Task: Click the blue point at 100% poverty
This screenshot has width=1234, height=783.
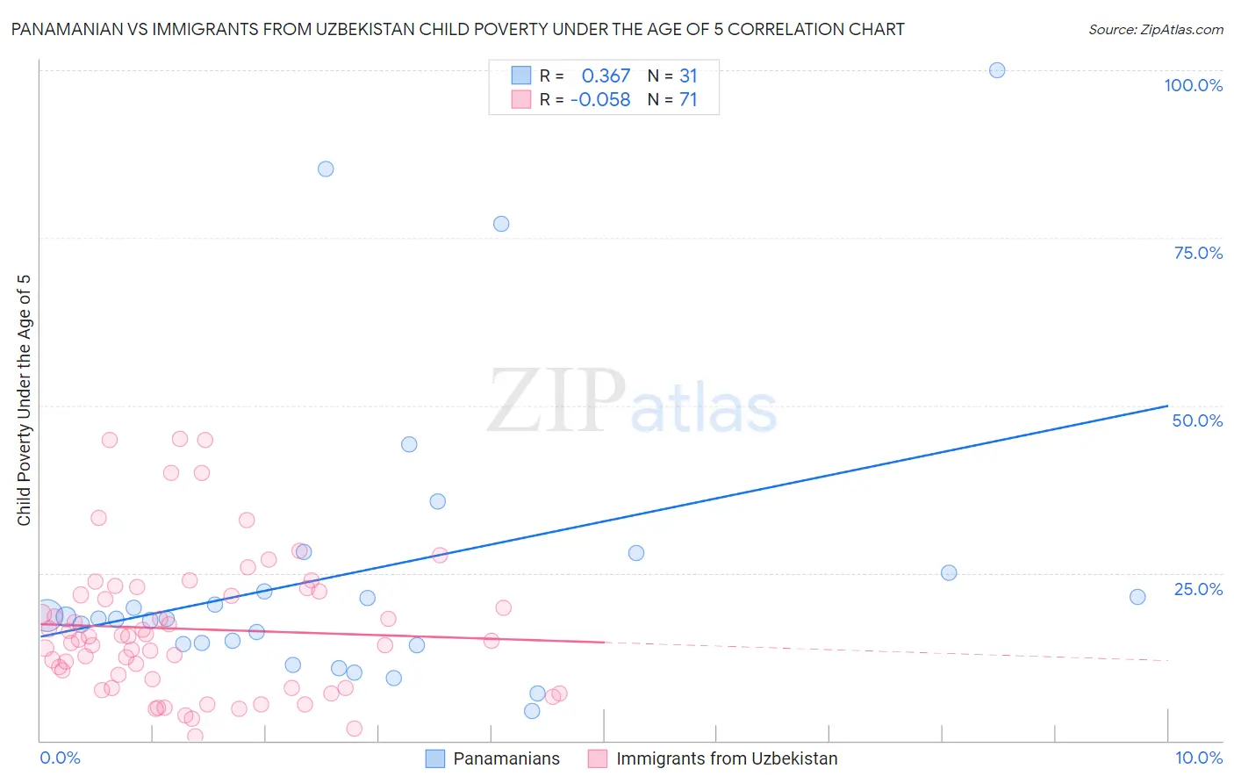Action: pos(997,70)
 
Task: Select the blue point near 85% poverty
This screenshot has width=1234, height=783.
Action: pos(326,169)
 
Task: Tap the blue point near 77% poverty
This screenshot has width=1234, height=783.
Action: pos(501,224)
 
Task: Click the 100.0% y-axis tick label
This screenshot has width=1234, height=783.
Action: pos(1193,85)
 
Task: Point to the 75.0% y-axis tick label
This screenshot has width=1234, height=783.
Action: pos(1198,253)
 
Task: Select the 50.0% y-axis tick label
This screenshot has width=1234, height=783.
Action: pos(1197,420)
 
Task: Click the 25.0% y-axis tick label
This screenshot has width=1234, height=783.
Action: pos(1198,589)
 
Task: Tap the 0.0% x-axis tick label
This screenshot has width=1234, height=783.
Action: pos(60,758)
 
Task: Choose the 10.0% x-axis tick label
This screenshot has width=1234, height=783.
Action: pos(1198,758)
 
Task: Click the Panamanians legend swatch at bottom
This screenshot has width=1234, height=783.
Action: pos(434,758)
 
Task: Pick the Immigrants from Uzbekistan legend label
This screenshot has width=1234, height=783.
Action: pos(727,758)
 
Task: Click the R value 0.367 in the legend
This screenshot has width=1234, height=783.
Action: pos(606,76)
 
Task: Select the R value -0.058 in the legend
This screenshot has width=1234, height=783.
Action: pos(600,100)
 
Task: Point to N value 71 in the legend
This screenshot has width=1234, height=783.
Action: pos(688,100)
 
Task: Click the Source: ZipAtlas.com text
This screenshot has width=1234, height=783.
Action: pos(1155,30)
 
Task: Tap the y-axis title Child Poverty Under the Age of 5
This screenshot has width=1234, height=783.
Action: pos(24,400)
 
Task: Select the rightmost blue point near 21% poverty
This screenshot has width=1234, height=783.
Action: pos(1137,597)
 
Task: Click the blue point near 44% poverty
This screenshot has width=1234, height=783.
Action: pos(409,444)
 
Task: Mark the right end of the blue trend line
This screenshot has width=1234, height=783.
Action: pos(1167,406)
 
